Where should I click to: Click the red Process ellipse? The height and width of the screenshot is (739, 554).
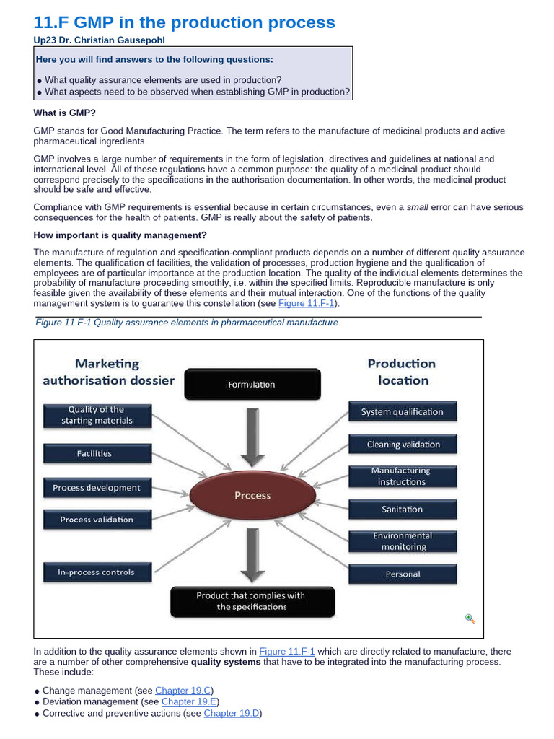pos(252,496)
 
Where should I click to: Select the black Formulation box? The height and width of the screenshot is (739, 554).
pos(252,385)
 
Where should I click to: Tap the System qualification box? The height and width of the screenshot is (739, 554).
pos(402,412)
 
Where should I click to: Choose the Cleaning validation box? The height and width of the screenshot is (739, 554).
pos(403,445)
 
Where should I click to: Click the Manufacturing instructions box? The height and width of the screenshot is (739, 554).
pos(402,476)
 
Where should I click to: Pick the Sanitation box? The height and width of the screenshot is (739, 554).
pos(402,510)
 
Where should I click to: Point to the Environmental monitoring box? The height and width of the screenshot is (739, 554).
pos(402,541)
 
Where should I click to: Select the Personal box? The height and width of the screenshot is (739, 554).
pos(402,574)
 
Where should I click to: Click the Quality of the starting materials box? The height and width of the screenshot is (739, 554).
pos(97,415)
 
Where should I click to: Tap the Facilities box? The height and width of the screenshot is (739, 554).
pos(97,454)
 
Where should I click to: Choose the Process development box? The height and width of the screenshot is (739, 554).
pos(97,488)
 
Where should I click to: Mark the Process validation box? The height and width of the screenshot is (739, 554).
pos(97,520)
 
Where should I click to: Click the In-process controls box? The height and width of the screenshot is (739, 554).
pos(97,572)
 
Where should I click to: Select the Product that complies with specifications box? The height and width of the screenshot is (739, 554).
pos(252,601)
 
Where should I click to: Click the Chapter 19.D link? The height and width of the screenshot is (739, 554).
pos(232,713)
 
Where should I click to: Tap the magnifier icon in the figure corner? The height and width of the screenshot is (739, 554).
pos(470,618)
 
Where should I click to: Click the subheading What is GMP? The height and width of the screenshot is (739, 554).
pos(64,113)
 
